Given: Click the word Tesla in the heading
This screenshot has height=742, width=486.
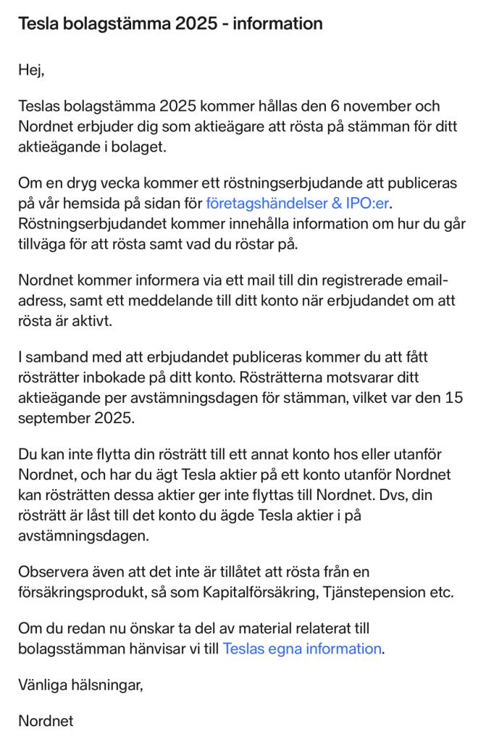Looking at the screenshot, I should tap(41, 24).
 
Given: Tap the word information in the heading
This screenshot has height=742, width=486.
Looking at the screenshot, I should tap(277, 24).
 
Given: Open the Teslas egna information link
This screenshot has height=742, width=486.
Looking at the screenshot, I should tap(301, 648).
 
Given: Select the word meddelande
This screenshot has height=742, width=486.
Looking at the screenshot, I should tap(154, 299).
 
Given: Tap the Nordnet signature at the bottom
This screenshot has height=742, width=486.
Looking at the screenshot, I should tap(46, 722).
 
